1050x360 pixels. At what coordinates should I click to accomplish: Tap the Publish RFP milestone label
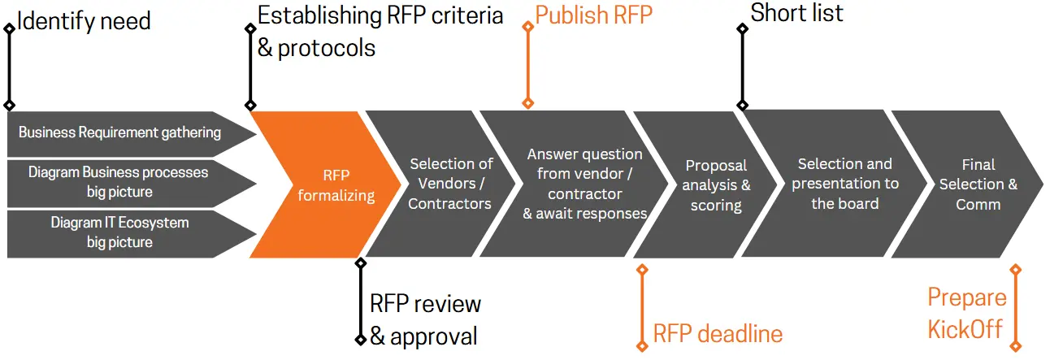pyautogui.click(x=593, y=15)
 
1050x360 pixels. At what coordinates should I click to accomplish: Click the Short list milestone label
pyautogui.click(x=796, y=13)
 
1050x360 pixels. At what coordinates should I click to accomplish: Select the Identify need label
pyautogui.click(x=84, y=22)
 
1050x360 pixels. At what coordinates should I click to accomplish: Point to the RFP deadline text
pyautogui.click(x=718, y=334)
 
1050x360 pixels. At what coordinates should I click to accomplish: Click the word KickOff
pyautogui.click(x=965, y=329)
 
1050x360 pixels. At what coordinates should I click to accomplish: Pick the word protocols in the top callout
pyautogui.click(x=327, y=48)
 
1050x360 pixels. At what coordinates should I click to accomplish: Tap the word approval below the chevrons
pyautogui.click(x=434, y=336)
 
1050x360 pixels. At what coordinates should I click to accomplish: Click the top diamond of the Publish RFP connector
pyautogui.click(x=528, y=27)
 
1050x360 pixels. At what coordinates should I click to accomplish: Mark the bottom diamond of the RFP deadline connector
pyautogui.click(x=642, y=346)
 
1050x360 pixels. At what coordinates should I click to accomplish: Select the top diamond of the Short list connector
pyautogui.click(x=743, y=29)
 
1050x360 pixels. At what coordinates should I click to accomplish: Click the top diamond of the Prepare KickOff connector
pyautogui.click(x=1015, y=270)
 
